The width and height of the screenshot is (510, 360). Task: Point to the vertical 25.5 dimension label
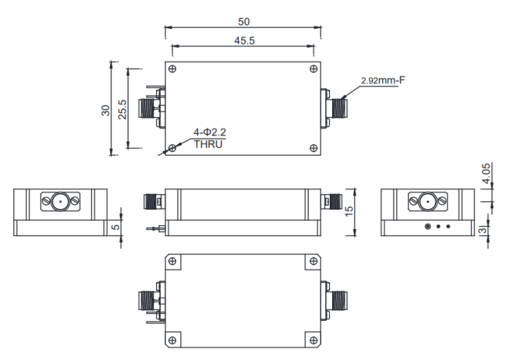123,109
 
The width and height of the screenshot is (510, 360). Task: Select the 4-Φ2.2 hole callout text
198,132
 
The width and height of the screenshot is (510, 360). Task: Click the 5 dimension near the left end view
113,228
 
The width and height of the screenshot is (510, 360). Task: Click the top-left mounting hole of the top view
172,69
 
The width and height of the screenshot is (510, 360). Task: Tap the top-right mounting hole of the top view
313,69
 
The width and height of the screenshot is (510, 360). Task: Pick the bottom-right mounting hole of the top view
313,148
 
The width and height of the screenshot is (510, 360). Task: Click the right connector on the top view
337,108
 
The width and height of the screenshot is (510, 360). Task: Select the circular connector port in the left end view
59,202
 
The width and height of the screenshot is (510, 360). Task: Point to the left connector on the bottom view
148,298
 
